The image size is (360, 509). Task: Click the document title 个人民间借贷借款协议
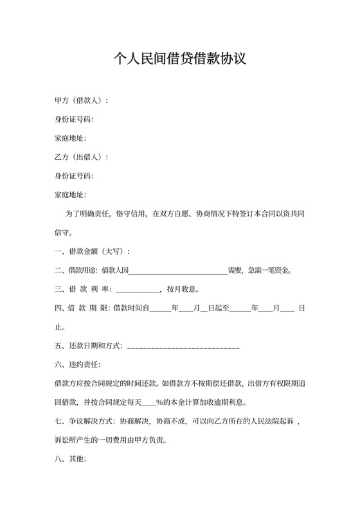point(180,60)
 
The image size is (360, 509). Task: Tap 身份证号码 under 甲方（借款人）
point(74,120)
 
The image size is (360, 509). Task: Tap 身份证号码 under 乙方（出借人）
point(74,175)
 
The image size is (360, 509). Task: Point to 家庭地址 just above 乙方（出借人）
point(70,138)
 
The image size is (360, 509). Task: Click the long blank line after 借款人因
point(179,270)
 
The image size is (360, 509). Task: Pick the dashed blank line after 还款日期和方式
point(184,346)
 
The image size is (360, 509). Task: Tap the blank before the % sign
point(148,404)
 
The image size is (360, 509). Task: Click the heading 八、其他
point(70,460)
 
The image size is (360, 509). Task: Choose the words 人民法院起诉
point(269,422)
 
